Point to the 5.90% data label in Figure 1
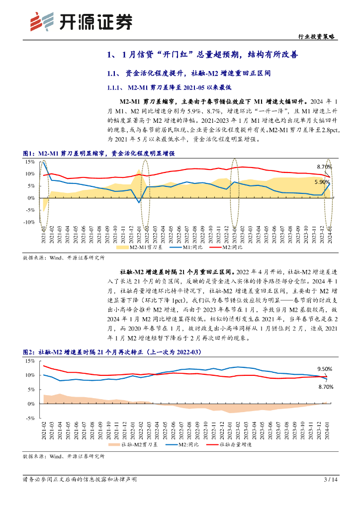pyautogui.click(x=322, y=182)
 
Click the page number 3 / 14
pyautogui.click(x=331, y=480)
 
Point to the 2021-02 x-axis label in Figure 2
pyautogui.click(x=44, y=429)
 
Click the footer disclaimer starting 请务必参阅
pyautogui.click(x=80, y=480)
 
